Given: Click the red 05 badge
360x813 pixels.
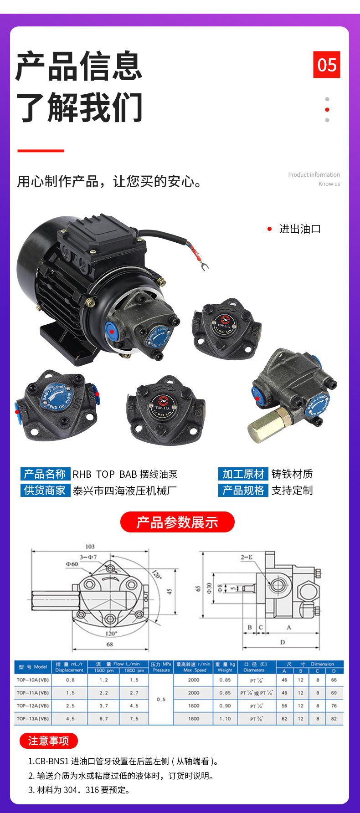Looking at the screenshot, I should coord(326,65).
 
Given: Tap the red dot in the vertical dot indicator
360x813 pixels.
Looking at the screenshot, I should coord(327,110).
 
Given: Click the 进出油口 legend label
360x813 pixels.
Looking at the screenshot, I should coord(300,229).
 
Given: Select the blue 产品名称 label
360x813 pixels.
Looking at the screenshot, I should coord(45,474).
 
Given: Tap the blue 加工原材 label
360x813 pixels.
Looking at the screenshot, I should coord(243,474).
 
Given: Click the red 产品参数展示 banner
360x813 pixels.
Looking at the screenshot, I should coord(177,522).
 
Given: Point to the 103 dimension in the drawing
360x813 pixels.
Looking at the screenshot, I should coord(90,547).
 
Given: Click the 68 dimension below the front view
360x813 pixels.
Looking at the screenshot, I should coord(109,644).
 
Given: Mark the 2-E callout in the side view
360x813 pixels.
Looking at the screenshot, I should coord(247,557).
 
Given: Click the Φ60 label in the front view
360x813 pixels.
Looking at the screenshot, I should coord(72,564).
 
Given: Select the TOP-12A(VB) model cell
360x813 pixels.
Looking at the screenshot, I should coord(33,706).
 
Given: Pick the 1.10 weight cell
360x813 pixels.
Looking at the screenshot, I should coord(225,719).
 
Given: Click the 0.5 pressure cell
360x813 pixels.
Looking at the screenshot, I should coord(161,699).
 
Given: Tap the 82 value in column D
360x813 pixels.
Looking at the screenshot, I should coord(334,719).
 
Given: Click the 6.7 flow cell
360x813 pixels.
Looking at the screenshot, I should coord(104,719).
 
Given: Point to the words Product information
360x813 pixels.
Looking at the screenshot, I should coord(314,175).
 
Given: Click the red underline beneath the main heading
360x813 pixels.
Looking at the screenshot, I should coord(41,150).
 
